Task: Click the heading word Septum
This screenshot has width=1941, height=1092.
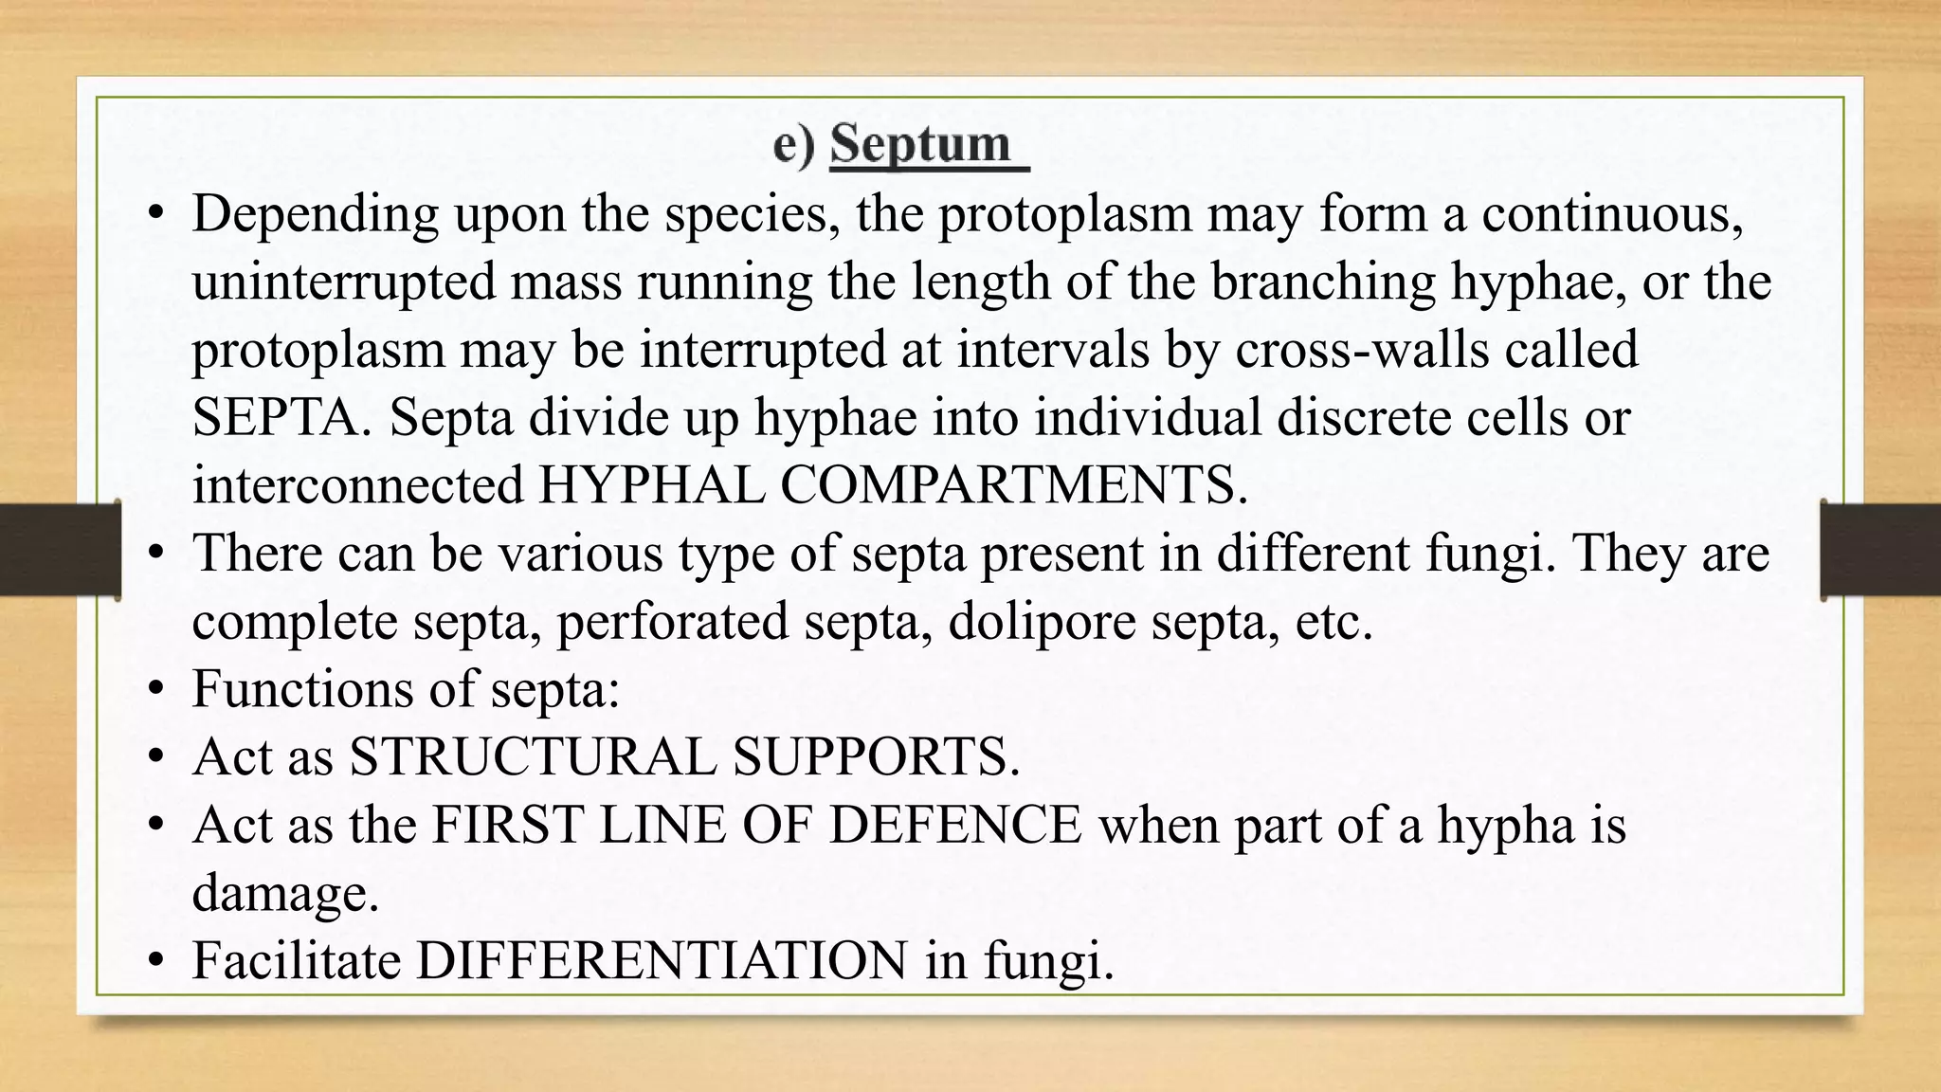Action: click(x=920, y=145)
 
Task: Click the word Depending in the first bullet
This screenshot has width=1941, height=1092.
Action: click(x=316, y=214)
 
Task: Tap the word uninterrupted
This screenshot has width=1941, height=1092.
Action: click(x=344, y=282)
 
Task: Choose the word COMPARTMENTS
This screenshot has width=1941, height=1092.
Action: click(x=1012, y=485)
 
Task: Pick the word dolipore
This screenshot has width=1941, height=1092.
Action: click(x=1041, y=622)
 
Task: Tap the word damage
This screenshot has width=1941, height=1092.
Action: click(x=284, y=894)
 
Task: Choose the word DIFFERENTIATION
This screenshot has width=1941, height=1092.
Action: click(x=662, y=960)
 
